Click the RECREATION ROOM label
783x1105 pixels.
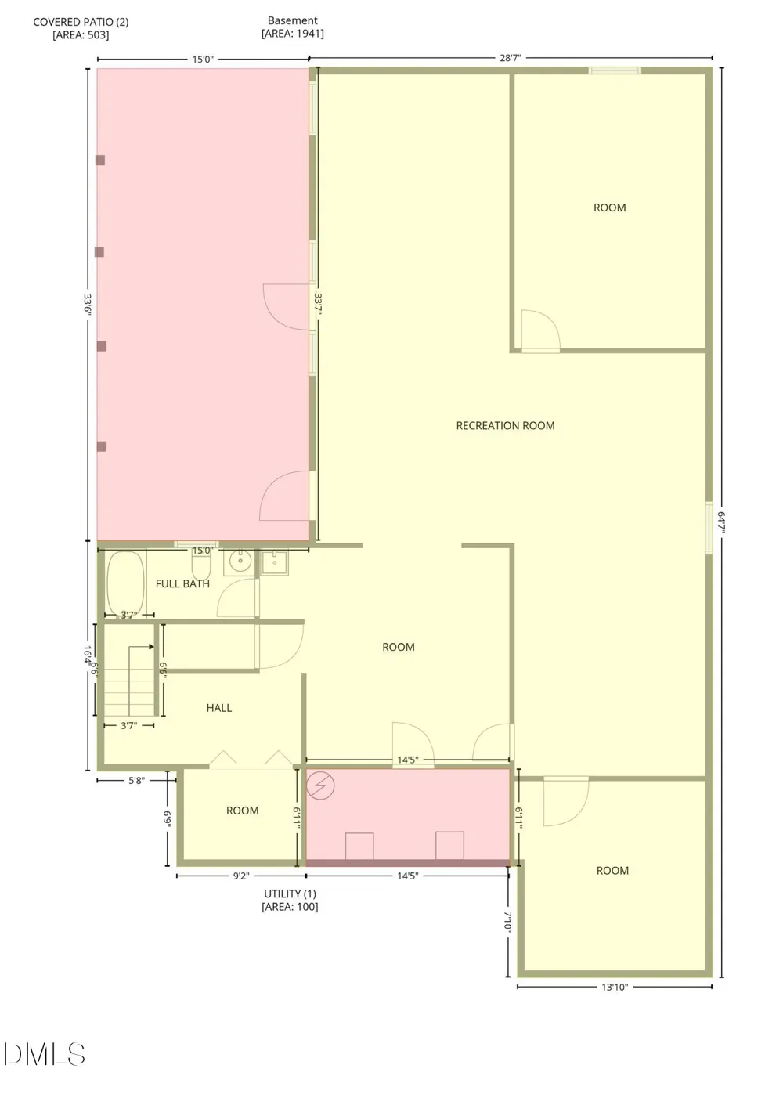[x=505, y=426]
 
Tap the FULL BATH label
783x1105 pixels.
[x=182, y=583]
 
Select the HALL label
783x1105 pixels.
[x=219, y=708]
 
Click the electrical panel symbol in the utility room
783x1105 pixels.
[x=320, y=785]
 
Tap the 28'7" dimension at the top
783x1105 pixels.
[x=511, y=58]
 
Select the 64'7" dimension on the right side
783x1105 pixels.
[x=721, y=522]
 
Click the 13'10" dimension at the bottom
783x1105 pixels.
[x=615, y=987]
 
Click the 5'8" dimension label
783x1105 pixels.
[x=135, y=781]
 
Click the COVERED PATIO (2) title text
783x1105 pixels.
[x=81, y=22]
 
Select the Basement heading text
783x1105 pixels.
[x=292, y=20]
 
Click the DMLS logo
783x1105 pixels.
[x=45, y=1053]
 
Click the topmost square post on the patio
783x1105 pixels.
[x=100, y=161]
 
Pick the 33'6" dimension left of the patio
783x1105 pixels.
[x=88, y=305]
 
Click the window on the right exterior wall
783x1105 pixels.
[x=709, y=528]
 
